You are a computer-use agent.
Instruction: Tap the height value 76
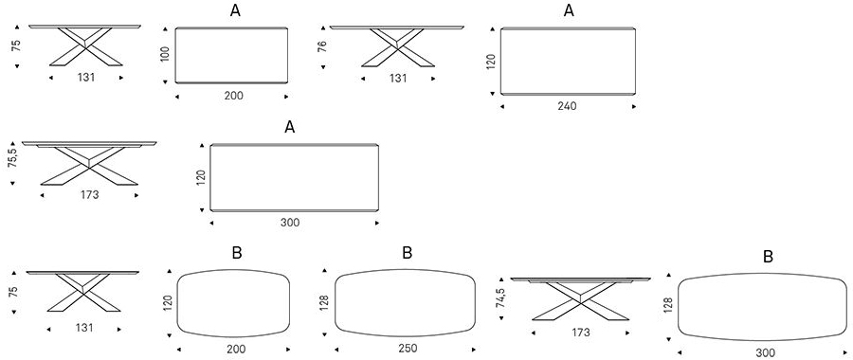(x=324, y=45)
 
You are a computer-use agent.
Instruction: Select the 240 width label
(x=567, y=106)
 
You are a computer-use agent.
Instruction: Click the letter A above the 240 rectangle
(x=568, y=11)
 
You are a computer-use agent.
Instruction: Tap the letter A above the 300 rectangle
(x=290, y=127)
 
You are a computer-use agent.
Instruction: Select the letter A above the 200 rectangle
(x=233, y=11)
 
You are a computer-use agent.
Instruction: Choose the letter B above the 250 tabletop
(x=407, y=253)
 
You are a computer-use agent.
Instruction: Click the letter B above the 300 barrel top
(x=769, y=258)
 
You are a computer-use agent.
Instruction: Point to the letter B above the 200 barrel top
(x=236, y=253)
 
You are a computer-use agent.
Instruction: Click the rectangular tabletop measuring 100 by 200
(x=232, y=56)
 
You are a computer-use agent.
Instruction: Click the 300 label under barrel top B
(x=766, y=353)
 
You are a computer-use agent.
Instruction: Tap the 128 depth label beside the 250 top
(x=323, y=301)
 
